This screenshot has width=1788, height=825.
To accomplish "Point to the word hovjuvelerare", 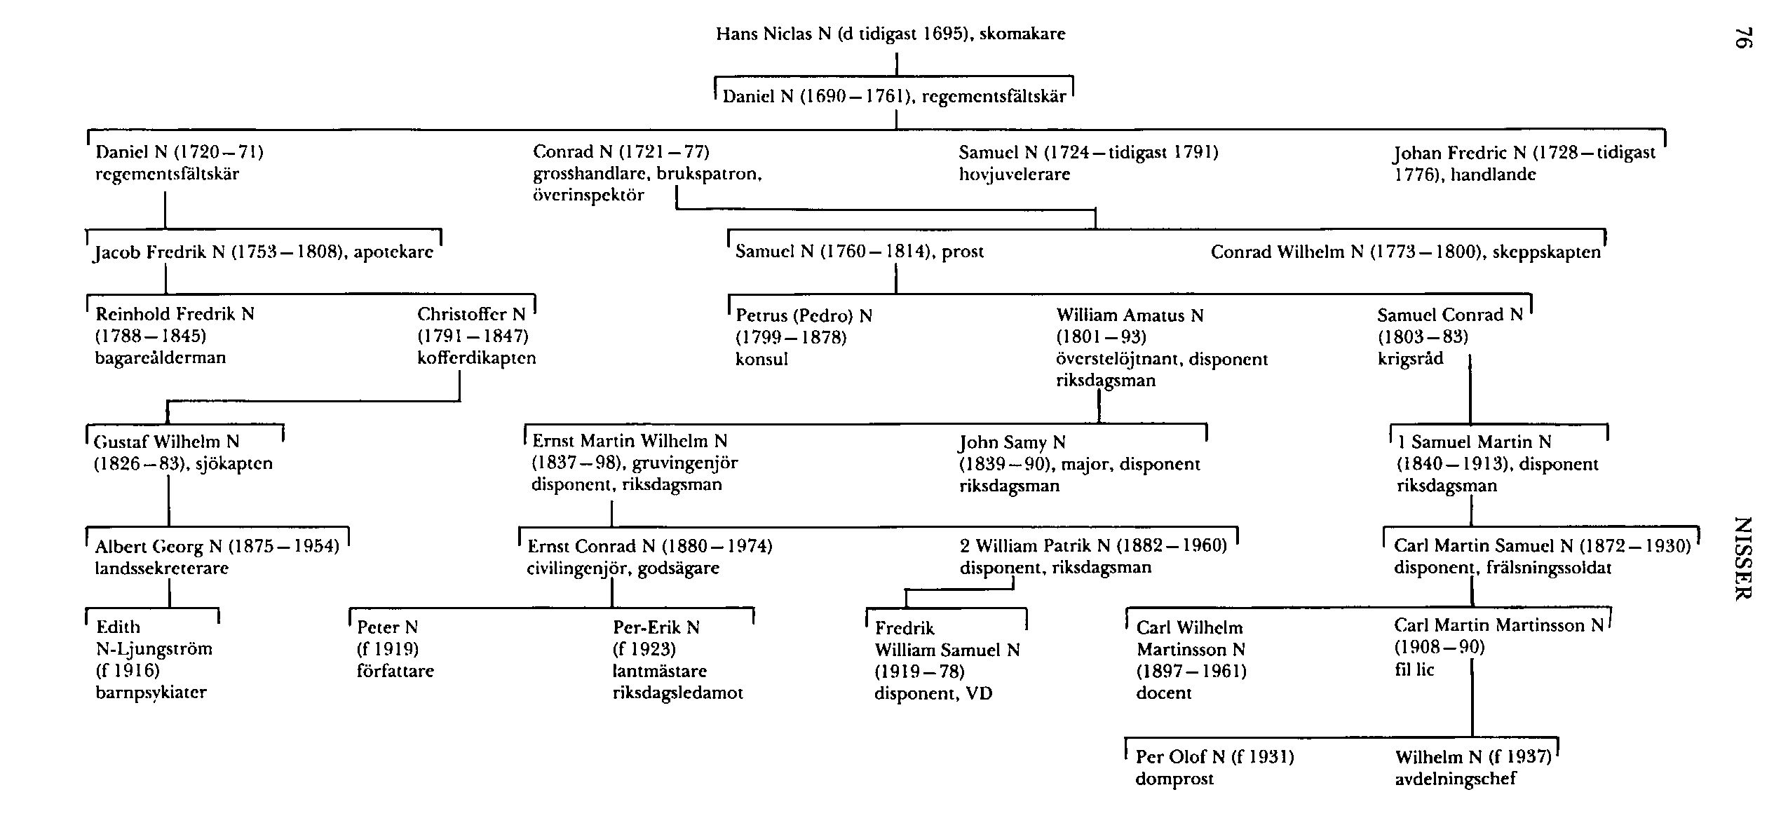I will (x=1014, y=174).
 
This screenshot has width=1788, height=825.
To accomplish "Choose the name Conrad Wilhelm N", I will (x=1287, y=252).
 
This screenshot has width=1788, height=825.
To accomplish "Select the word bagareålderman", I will (x=161, y=358).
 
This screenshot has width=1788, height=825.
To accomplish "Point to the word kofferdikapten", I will (x=476, y=358).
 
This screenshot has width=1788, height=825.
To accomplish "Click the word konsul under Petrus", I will (x=761, y=360).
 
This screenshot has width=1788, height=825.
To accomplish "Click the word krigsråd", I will (x=1409, y=359).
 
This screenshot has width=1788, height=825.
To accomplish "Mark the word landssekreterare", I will (x=162, y=568).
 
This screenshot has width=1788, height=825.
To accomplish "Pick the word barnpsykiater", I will (x=151, y=693).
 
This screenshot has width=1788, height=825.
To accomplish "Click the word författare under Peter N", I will (x=395, y=671).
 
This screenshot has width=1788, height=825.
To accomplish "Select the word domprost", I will (x=1174, y=779).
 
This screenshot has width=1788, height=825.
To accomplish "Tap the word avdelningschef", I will (x=1456, y=779).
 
